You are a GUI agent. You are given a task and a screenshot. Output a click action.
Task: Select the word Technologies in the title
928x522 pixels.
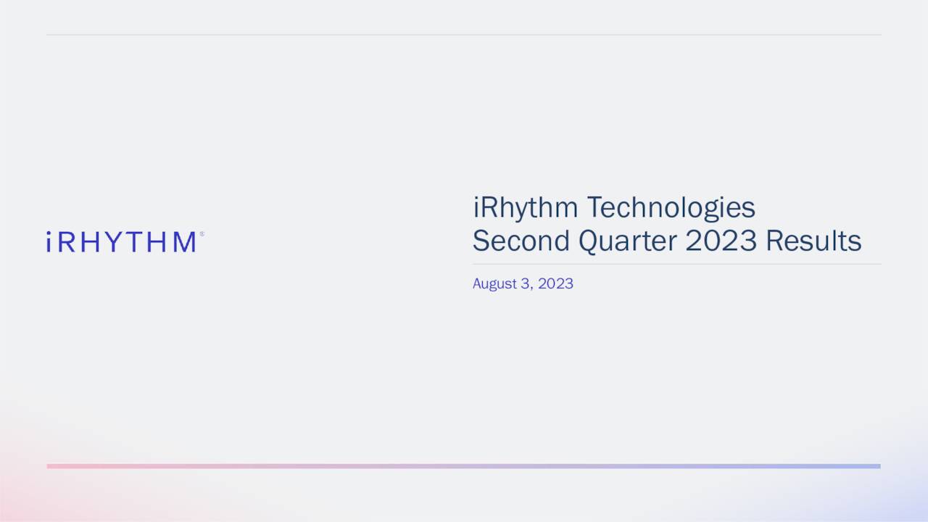coord(671,208)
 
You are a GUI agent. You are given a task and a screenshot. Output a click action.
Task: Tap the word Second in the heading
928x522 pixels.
coord(521,241)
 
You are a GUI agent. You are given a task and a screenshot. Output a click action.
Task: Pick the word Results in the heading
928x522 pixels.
coord(813,241)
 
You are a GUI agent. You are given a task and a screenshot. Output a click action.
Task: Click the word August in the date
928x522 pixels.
coord(494,283)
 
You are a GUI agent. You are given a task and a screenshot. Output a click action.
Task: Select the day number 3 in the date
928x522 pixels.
coord(525,283)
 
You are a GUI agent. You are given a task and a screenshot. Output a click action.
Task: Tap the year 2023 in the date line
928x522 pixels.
coord(555,283)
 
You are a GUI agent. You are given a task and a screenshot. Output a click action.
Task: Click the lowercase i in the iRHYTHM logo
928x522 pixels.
coord(49,242)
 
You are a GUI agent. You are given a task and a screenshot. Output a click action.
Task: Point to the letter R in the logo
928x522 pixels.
coord(66,242)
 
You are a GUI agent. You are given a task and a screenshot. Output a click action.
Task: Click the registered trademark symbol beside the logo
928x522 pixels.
coord(202,234)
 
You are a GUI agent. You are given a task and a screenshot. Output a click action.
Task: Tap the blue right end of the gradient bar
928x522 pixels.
coord(875,466)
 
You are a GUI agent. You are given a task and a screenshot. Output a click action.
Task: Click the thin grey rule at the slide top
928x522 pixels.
coord(464,34)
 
